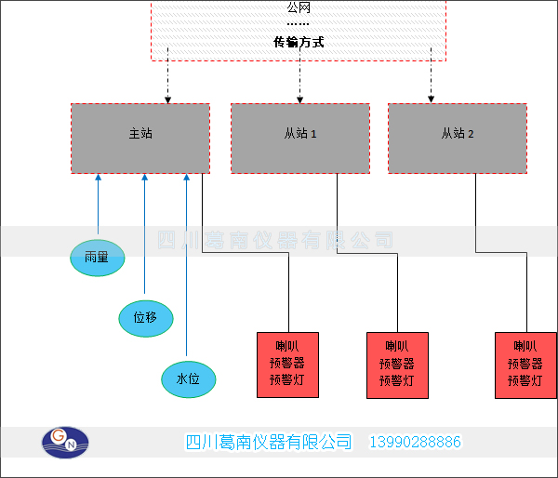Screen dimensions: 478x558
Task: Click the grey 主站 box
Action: pos(140,138)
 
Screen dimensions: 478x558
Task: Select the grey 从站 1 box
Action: pos(299,138)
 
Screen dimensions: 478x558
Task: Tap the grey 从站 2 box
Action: pos(457,138)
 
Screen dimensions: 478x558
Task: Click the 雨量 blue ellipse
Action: pos(97,257)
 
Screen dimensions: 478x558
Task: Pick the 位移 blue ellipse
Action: pos(145,318)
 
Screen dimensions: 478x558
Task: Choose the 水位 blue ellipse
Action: pos(188,378)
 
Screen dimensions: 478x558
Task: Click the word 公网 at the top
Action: pos(299,7)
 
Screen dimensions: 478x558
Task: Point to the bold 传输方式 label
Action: pos(299,43)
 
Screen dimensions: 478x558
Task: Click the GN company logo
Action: pos(68,442)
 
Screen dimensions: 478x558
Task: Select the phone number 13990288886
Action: pos(416,443)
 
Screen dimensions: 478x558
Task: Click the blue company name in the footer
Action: pos(270,443)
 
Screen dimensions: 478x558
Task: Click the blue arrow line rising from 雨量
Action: pos(98,205)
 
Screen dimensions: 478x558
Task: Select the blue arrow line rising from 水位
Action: pos(187,270)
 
